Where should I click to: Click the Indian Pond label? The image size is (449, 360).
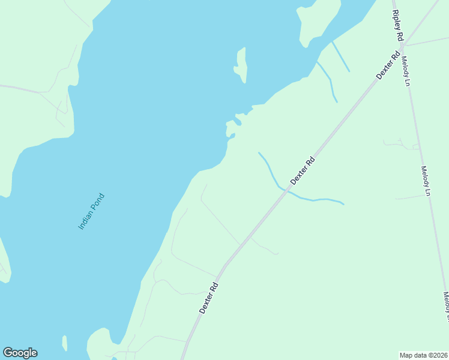click(x=91, y=211)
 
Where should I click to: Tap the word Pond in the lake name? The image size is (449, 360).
click(x=98, y=202)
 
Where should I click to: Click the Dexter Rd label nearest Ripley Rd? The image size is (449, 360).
click(x=388, y=65)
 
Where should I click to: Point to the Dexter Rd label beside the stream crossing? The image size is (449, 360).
click(x=303, y=170)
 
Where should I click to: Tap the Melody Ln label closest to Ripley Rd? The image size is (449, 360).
click(x=406, y=71)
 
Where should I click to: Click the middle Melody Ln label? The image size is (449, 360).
click(x=426, y=181)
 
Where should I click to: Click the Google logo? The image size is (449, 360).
click(x=20, y=353)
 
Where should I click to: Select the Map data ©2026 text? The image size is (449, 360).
click(x=423, y=355)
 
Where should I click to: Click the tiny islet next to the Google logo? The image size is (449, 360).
click(x=64, y=344)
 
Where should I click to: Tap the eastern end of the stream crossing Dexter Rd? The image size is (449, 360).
click(x=343, y=204)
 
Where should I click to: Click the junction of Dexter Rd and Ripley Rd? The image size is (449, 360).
click(x=402, y=44)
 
